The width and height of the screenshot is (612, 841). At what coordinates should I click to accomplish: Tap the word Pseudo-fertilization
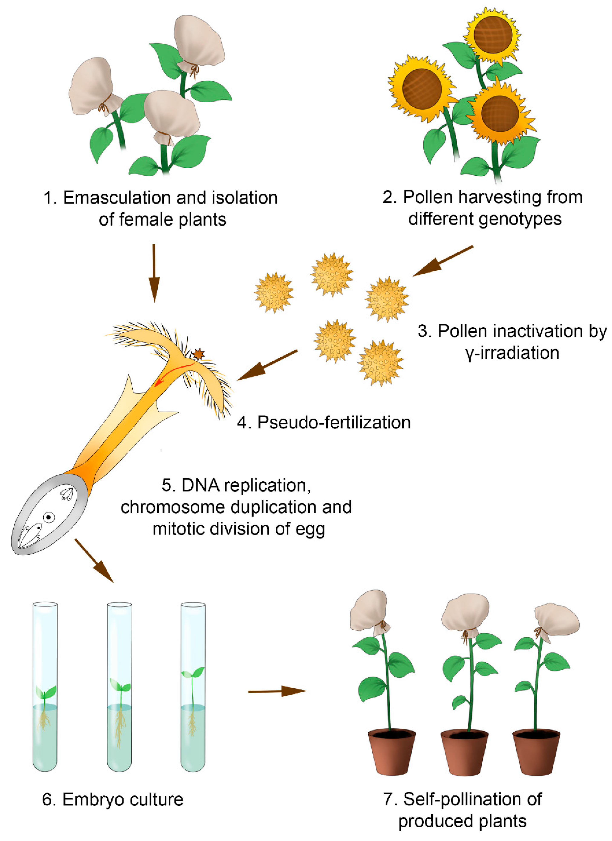(x=334, y=422)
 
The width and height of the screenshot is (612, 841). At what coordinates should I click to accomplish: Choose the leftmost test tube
(x=45, y=686)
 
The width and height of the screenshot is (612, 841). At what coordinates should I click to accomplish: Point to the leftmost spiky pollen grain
(x=274, y=292)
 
